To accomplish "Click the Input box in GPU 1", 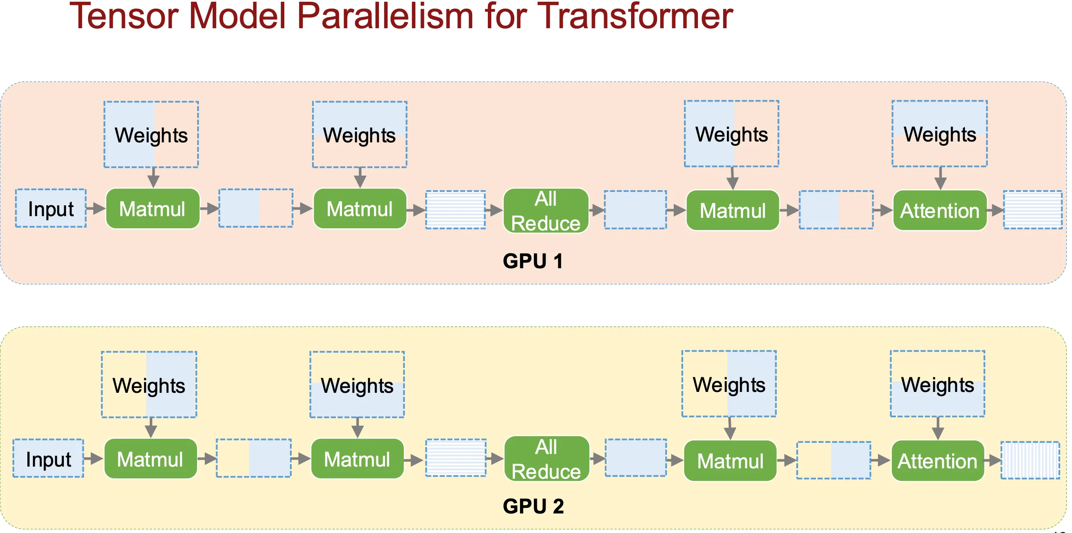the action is click(51, 208).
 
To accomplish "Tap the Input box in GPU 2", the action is click(48, 458).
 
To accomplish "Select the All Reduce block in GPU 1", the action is click(546, 211).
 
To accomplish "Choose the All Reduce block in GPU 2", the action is click(547, 459).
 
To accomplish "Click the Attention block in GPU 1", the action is click(940, 211).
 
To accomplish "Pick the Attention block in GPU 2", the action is click(938, 461).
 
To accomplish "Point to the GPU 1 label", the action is click(533, 261).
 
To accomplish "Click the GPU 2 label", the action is click(533, 506).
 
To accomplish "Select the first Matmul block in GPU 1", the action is click(153, 209).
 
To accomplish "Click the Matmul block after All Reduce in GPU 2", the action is click(730, 461).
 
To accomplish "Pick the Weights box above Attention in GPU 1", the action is click(940, 134).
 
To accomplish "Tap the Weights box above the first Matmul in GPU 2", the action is click(149, 385).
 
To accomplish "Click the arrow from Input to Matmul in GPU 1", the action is click(96, 208).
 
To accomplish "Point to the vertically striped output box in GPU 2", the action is click(1030, 461).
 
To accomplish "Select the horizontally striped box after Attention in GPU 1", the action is click(1033, 210).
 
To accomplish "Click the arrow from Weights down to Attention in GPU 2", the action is click(938, 428).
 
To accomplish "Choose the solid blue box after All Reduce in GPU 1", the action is click(635, 210).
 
